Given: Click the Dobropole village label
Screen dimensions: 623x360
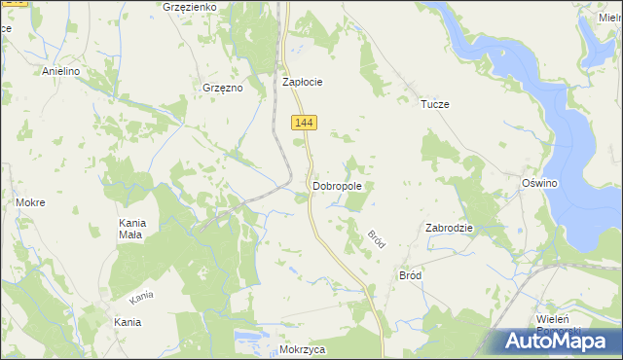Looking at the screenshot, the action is [x=338, y=185].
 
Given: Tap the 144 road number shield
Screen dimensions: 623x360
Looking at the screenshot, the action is [x=305, y=122].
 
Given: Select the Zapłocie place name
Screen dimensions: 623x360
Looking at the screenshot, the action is [x=302, y=83].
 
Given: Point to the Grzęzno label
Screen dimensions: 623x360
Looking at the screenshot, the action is [x=221, y=88].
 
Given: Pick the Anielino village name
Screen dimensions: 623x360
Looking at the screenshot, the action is [x=60, y=72].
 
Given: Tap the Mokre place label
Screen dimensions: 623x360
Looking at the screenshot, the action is [x=30, y=202].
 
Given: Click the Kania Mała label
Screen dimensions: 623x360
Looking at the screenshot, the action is [x=130, y=229].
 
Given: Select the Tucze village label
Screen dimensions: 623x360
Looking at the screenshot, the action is [x=434, y=104].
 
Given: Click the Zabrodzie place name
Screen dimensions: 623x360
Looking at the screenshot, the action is [x=449, y=228].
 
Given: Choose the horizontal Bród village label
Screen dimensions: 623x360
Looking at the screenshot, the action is [x=411, y=275].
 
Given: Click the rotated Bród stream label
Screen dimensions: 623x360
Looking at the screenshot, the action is [x=377, y=238].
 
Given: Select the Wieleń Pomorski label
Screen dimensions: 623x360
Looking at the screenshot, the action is [x=559, y=324].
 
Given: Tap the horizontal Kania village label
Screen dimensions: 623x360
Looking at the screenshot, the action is [x=128, y=322].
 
